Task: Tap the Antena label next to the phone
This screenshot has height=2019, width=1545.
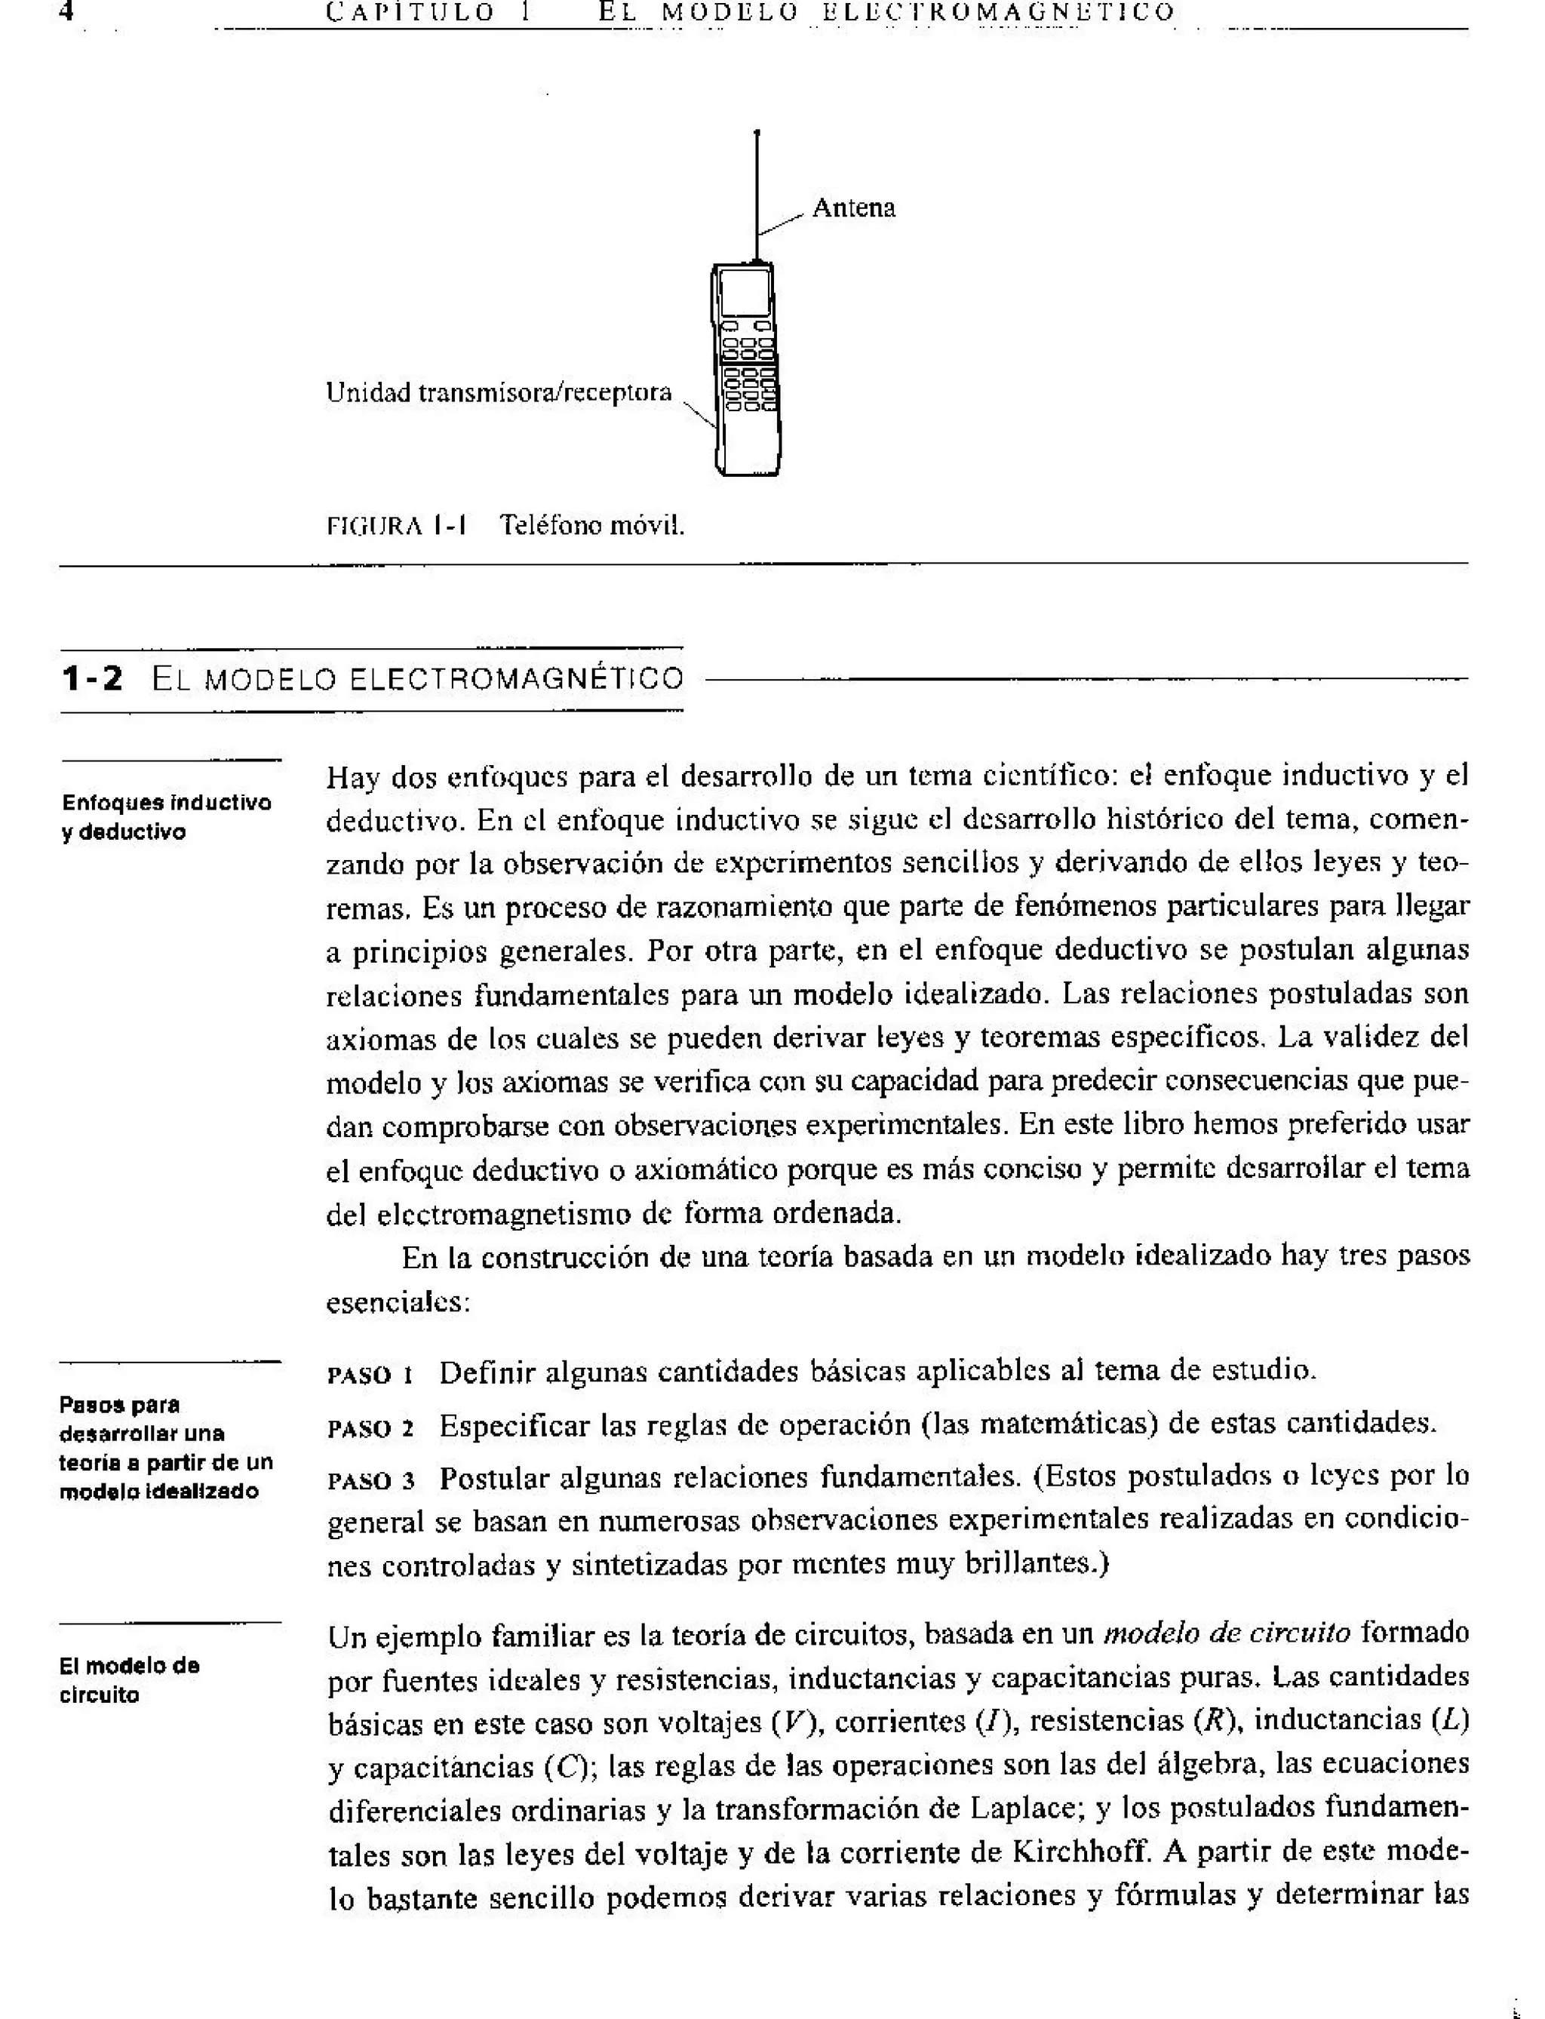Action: pos(852,208)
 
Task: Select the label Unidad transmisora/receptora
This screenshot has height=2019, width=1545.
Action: pos(499,393)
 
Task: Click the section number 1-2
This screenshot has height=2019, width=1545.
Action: pos(91,680)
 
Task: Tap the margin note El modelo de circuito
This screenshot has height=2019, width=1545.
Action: pos(130,1679)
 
